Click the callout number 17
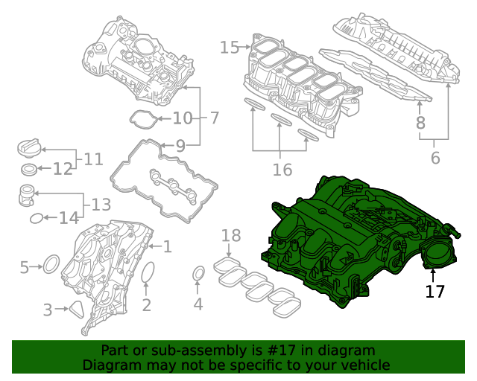[435, 291]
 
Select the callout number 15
[230, 48]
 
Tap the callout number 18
[232, 236]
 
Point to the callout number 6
[435, 158]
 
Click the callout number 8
[420, 124]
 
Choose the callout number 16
[282, 170]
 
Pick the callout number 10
[183, 118]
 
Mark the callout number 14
[69, 218]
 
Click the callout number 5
[25, 266]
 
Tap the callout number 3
[48, 310]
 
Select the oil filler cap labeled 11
[28, 148]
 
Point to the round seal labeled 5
[51, 264]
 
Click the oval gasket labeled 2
[147, 273]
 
